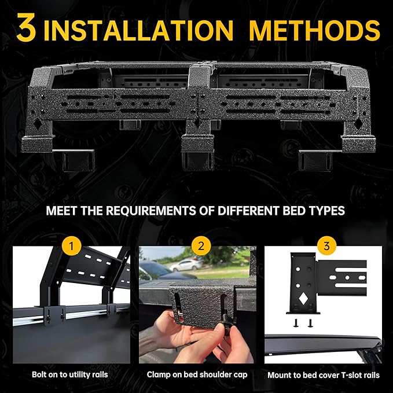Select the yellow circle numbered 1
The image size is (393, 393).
tap(71, 246)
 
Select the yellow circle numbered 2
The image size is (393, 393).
tap(201, 246)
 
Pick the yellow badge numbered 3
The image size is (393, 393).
tap(326, 246)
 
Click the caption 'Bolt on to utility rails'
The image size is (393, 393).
tap(71, 375)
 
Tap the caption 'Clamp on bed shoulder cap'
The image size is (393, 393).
tap(197, 375)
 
